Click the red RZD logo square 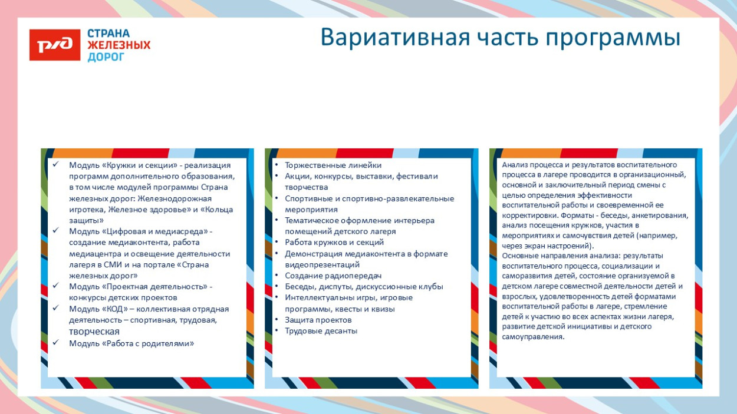coord(55,45)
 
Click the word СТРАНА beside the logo coord(108,34)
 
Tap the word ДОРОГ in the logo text coord(106,57)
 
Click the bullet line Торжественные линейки coord(333,165)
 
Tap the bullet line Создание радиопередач coord(333,276)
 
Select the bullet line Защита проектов coord(318,320)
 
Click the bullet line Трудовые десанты coord(321,331)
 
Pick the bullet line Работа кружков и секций coord(334,242)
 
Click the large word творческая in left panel coord(94,332)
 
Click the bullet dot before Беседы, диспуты coord(277,287)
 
